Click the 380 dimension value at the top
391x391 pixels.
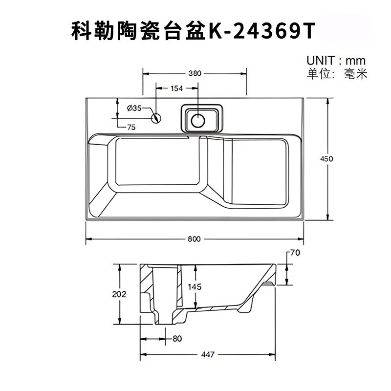tap(195, 74)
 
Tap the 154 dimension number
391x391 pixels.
tap(176, 88)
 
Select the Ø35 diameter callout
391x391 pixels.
tap(134, 108)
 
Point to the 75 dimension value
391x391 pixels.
tap(131, 127)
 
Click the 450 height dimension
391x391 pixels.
tap(326, 158)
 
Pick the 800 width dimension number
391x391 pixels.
tap(194, 239)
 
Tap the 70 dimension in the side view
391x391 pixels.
tap(295, 253)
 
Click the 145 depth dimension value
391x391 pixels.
tap(195, 287)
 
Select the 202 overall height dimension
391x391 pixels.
tap(119, 294)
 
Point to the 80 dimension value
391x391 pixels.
tap(177, 338)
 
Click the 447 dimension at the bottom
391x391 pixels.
tap(208, 354)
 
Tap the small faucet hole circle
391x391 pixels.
tap(156, 118)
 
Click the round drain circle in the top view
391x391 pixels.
tap(198, 121)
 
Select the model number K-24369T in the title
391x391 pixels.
tap(262, 31)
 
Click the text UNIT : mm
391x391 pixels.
tap(336, 61)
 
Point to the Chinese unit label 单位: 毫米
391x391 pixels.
tap(337, 74)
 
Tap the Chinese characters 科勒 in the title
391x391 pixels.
tap(93, 31)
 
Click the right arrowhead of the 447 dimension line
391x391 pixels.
tap(273, 354)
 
